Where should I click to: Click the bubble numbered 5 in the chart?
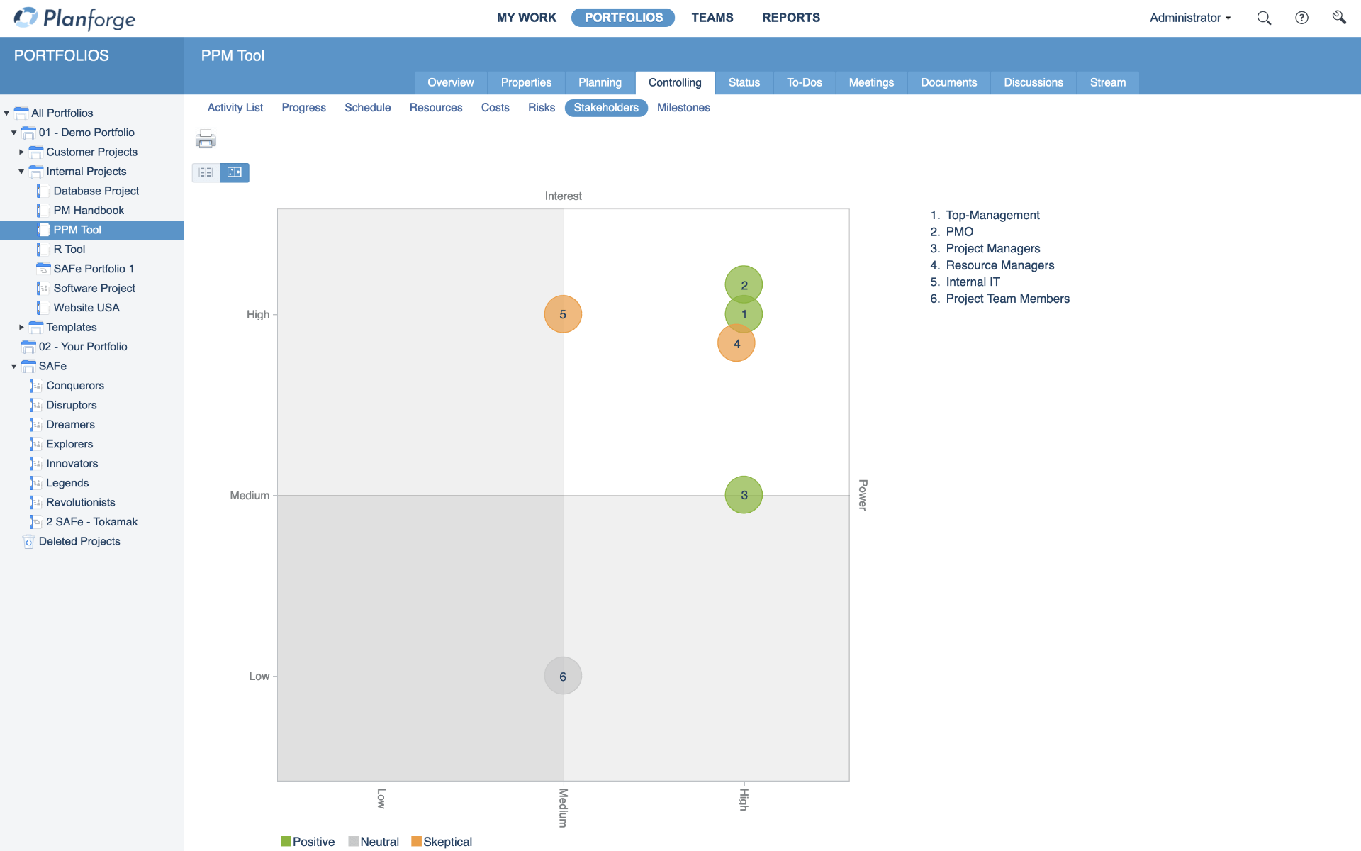pyautogui.click(x=563, y=314)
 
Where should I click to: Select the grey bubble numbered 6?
pyautogui.click(x=563, y=677)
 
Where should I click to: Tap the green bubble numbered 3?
pyautogui.click(x=744, y=495)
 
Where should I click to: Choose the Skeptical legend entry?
pyautogui.click(x=442, y=842)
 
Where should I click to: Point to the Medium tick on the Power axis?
pyautogui.click(x=250, y=495)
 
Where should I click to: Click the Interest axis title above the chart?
pyautogui.click(x=563, y=196)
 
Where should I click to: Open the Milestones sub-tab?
pyautogui.click(x=683, y=108)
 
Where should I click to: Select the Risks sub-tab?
pyautogui.click(x=542, y=108)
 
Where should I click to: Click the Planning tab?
pyautogui.click(x=600, y=82)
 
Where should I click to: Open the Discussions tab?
pyautogui.click(x=1033, y=82)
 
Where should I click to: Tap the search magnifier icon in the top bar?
pyautogui.click(x=1264, y=18)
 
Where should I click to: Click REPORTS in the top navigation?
pyautogui.click(x=791, y=18)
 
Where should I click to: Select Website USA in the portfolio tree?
pyautogui.click(x=86, y=308)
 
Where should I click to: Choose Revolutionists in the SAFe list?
pyautogui.click(x=81, y=502)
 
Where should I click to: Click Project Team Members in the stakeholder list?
pyautogui.click(x=1007, y=299)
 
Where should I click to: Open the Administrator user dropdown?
pyautogui.click(x=1189, y=18)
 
